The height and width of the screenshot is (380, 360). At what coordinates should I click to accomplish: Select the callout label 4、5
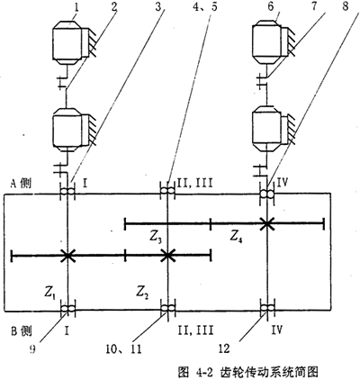pyautogui.click(x=204, y=6)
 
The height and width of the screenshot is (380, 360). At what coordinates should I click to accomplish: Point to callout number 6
pyautogui.click(x=271, y=6)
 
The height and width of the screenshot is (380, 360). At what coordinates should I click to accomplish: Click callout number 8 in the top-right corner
pyautogui.click(x=346, y=6)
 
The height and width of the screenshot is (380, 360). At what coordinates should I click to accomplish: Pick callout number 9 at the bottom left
pyautogui.click(x=31, y=349)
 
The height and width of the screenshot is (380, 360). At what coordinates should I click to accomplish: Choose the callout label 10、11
pyautogui.click(x=123, y=349)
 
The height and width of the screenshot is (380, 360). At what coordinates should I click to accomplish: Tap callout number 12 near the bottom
pyautogui.click(x=224, y=348)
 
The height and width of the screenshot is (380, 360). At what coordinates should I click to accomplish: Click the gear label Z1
pyautogui.click(x=50, y=292)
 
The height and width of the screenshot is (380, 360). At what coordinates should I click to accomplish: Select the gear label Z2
pyautogui.click(x=141, y=292)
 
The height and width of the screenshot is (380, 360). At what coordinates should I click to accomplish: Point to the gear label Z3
pyautogui.click(x=156, y=238)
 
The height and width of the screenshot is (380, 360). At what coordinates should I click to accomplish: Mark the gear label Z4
pyautogui.click(x=237, y=236)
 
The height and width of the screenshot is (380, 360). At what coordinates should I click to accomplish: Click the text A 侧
pyautogui.click(x=21, y=184)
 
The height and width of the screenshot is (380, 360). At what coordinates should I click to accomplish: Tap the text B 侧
pyautogui.click(x=21, y=330)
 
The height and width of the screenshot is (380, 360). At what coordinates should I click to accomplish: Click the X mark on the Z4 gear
pyautogui.click(x=266, y=223)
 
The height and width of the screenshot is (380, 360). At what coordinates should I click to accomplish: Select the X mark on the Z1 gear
pyautogui.click(x=67, y=256)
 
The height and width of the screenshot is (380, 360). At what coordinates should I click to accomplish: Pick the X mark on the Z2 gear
pyautogui.click(x=167, y=256)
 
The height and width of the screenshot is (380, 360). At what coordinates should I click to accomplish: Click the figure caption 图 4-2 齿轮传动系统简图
pyautogui.click(x=247, y=372)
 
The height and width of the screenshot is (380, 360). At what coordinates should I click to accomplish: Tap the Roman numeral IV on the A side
pyautogui.click(x=282, y=183)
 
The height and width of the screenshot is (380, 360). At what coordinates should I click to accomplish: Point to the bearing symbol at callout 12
pyautogui.click(x=266, y=308)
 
